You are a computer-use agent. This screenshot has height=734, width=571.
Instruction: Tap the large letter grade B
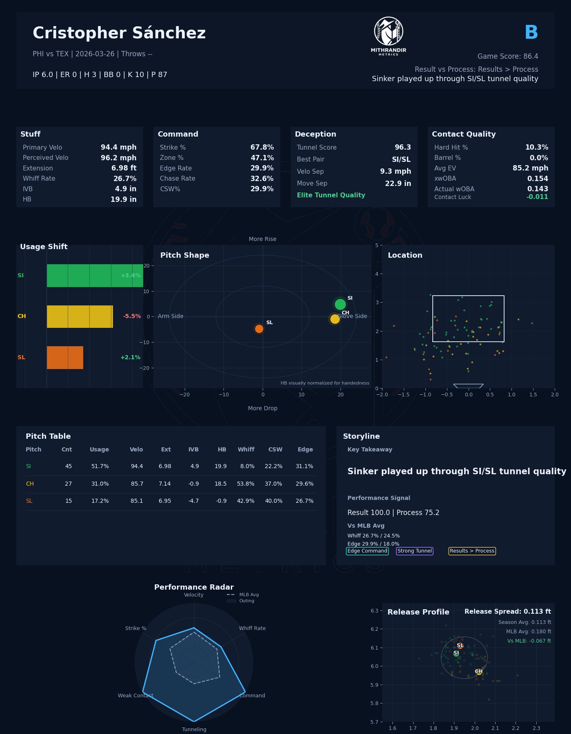pyautogui.click(x=531, y=33)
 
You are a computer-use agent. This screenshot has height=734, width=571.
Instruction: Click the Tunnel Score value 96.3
pyautogui.click(x=403, y=148)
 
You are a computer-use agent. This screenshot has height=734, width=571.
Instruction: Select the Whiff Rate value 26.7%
pyautogui.click(x=125, y=179)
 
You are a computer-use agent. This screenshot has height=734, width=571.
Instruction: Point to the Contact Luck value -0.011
pyautogui.click(x=537, y=197)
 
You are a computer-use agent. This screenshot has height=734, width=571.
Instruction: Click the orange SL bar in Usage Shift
pyautogui.click(x=65, y=358)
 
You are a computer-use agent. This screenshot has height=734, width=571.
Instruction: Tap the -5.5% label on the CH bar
pyautogui.click(x=132, y=316)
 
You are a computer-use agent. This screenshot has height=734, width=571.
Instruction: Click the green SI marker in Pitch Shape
pyautogui.click(x=340, y=304)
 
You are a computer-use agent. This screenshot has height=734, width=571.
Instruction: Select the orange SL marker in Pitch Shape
pyautogui.click(x=259, y=329)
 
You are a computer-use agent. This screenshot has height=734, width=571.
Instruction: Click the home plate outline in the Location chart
pyautogui.click(x=468, y=386)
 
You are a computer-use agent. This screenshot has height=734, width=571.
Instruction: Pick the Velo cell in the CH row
pyautogui.click(x=137, y=484)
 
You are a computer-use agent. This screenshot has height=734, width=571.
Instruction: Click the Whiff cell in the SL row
pyautogui.click(x=246, y=501)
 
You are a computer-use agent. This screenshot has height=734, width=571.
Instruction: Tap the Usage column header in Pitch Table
pyautogui.click(x=99, y=450)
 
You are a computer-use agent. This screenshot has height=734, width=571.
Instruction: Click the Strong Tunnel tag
pyautogui.click(x=414, y=551)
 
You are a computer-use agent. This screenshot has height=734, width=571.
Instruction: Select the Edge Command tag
pyautogui.click(x=367, y=551)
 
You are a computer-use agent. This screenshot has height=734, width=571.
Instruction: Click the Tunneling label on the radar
pyautogui.click(x=194, y=730)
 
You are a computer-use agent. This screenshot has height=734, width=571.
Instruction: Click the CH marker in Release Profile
pyautogui.click(x=479, y=672)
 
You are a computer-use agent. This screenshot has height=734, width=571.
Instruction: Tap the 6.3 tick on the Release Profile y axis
pyautogui.click(x=374, y=611)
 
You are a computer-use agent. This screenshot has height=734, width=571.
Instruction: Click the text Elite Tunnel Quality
pyautogui.click(x=331, y=195)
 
